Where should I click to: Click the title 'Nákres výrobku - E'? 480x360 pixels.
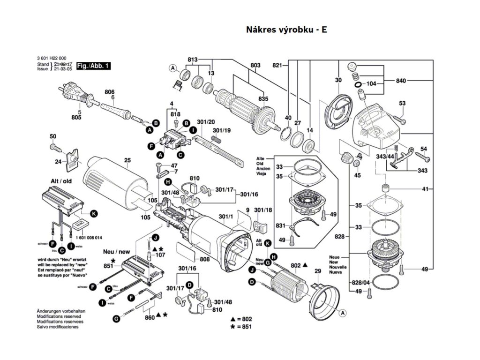point(286,30)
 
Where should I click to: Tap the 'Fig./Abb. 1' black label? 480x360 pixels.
point(93,66)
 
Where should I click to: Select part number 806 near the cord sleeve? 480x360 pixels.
point(109,91)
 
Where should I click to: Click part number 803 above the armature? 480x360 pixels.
point(255,65)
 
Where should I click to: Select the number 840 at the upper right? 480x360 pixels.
point(400,81)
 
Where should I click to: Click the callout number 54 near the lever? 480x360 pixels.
point(424,149)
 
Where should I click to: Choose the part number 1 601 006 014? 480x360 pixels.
point(88,239)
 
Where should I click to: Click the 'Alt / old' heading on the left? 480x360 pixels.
point(61,180)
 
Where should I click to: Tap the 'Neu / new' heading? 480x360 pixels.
point(116,252)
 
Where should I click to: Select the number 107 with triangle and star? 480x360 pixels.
point(160,255)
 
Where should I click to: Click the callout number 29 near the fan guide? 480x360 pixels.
point(317,271)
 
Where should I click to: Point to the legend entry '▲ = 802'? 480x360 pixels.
point(241,319)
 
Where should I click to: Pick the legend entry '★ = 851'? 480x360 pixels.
point(241,326)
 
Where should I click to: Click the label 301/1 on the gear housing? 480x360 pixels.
point(225,217)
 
